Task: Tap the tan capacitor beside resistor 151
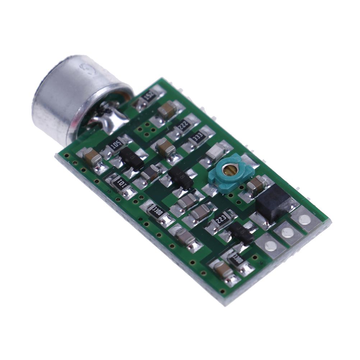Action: coord(167,110)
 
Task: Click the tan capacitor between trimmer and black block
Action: coord(256,184)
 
